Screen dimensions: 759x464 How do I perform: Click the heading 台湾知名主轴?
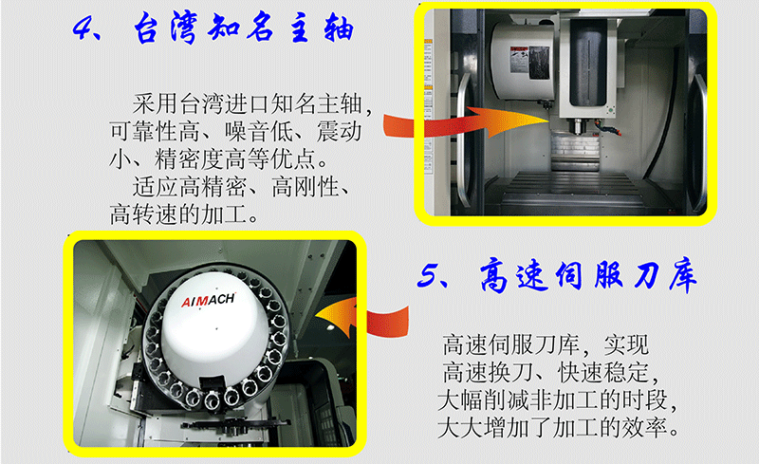pyautogui.click(x=244, y=28)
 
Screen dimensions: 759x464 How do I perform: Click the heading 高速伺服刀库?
pyautogui.click(x=588, y=276)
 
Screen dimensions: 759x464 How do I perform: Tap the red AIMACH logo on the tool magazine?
pyautogui.click(x=208, y=300)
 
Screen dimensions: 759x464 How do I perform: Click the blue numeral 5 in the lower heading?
pyautogui.click(x=428, y=276)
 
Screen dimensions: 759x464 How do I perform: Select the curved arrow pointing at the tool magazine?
pyautogui.click(x=363, y=317)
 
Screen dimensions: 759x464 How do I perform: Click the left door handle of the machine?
pyautogui.click(x=464, y=140)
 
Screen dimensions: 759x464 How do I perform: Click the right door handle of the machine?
pyautogui.click(x=697, y=144)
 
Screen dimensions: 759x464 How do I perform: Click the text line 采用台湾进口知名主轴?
pyautogui.click(x=247, y=104)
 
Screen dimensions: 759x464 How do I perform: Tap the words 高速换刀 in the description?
pyautogui.click(x=489, y=373)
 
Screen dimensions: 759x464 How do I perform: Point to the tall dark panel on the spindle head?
pyautogui.click(x=587, y=62)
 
